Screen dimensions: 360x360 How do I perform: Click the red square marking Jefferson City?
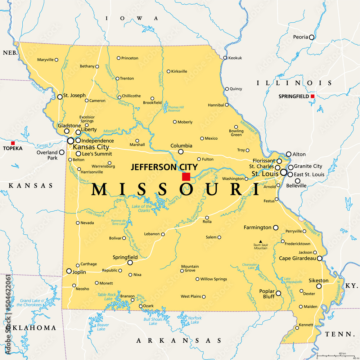[186, 177]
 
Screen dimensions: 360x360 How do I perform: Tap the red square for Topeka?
[13, 143]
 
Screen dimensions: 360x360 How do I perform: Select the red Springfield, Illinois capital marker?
[312, 96]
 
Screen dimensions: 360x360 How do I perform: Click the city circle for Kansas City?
[71, 141]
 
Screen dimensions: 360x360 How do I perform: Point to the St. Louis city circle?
[284, 173]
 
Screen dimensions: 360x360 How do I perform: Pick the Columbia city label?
[181, 146]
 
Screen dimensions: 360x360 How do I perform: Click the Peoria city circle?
[311, 37]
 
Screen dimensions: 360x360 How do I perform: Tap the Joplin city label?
[79, 272]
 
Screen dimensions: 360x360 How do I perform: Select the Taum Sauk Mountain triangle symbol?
[260, 242]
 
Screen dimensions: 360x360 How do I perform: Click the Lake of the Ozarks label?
[142, 208]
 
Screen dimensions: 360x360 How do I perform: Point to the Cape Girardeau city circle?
[319, 258]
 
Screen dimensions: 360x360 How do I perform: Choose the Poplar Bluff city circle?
[278, 293]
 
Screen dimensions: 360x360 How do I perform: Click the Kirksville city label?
[179, 71]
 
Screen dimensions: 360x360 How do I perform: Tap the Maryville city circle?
[57, 60]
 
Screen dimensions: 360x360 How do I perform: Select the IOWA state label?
[131, 18]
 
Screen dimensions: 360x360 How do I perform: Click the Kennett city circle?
[297, 328]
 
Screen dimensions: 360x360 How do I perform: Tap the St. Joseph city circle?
[60, 97]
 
